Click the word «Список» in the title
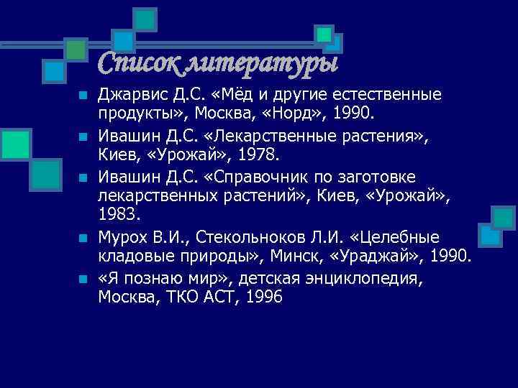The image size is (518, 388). click(137, 64)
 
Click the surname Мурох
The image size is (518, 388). click(122, 236)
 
